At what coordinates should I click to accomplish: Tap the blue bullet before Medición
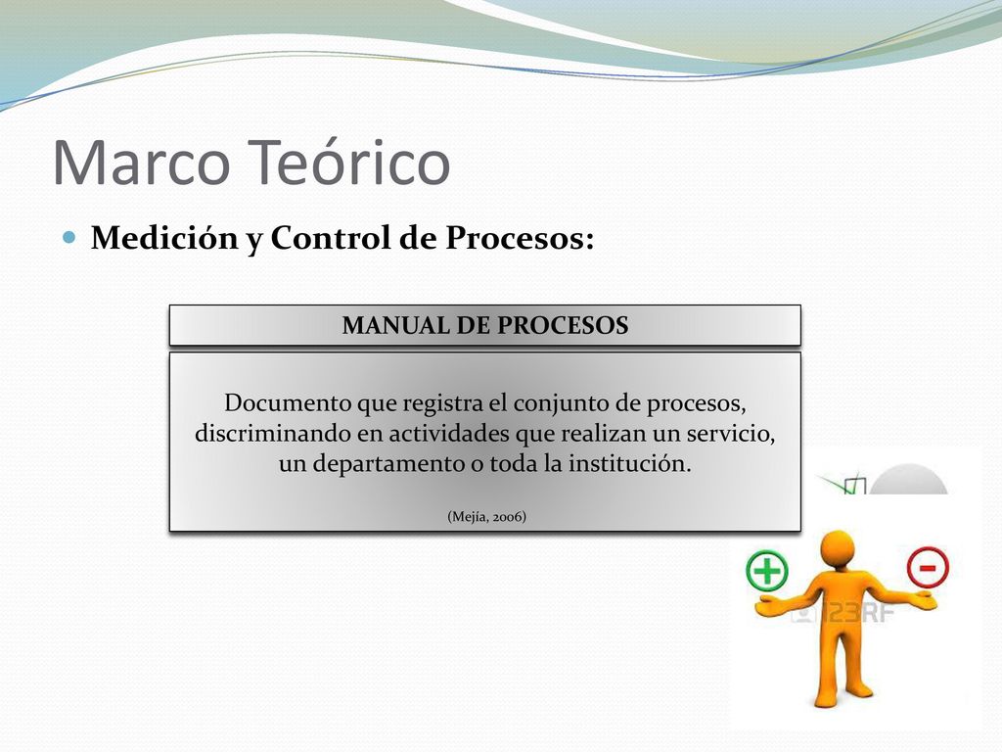[69, 237]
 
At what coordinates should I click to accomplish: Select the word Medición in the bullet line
[164, 238]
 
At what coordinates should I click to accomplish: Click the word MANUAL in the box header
[395, 325]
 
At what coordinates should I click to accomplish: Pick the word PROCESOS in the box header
[563, 325]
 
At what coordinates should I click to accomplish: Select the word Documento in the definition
[288, 402]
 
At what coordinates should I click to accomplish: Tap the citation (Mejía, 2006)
[487, 516]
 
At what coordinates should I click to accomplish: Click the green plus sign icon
[767, 571]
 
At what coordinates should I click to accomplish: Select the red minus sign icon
[928, 568]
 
